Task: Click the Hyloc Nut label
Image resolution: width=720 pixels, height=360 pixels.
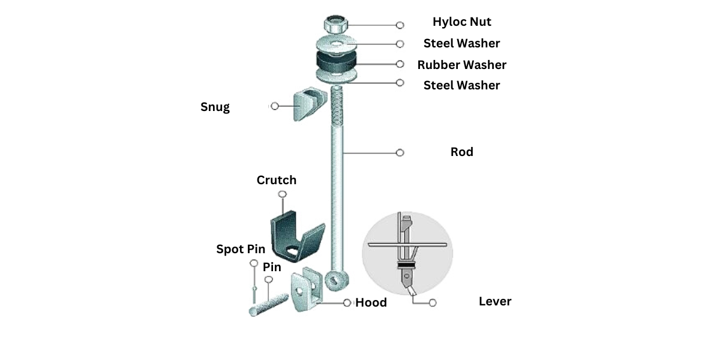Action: [461, 22]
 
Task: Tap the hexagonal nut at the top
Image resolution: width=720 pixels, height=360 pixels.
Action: [335, 25]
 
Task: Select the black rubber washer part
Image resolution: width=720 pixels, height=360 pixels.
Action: [336, 62]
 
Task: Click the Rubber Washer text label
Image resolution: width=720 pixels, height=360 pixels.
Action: [461, 65]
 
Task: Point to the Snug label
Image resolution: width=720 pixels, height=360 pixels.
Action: [215, 107]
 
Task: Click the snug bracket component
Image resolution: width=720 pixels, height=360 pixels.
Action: [310, 103]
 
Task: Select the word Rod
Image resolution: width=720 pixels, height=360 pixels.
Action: [461, 152]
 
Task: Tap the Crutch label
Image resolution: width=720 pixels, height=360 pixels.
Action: [277, 180]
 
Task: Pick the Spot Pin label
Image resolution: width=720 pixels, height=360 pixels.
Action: [241, 249]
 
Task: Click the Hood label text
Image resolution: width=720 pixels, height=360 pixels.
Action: [371, 303]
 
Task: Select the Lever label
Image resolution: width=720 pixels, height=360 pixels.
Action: [495, 301]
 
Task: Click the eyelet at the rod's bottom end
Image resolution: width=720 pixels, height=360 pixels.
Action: [337, 281]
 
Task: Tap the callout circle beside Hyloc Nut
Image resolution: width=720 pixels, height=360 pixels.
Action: [400, 25]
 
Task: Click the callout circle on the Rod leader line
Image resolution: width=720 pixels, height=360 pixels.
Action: [400, 152]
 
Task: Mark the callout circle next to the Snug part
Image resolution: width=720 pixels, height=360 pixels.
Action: [275, 106]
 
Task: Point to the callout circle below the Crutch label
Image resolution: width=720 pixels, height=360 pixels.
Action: [282, 194]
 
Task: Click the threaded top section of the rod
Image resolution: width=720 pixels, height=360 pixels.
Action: [337, 106]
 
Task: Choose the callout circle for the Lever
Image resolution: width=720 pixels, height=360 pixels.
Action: [433, 303]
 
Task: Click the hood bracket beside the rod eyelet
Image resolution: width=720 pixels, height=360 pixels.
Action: [307, 289]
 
